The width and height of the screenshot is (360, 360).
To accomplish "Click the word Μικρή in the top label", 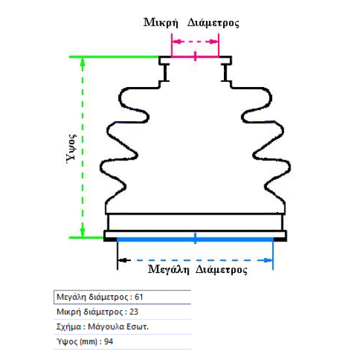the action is pos(161,23).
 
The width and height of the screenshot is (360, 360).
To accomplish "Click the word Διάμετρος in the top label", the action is pos(213,23).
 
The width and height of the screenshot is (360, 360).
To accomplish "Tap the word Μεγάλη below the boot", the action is pos(168,269).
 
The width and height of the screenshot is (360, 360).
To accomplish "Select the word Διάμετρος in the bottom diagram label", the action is pos(221,270).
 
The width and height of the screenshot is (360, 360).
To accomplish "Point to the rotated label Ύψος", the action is pos(71,148).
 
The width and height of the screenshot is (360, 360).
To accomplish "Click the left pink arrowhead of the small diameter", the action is pos(177,42).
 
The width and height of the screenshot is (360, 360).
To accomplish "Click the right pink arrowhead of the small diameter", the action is pos(213,42).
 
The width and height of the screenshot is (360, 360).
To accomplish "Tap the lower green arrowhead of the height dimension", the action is pos(82,232).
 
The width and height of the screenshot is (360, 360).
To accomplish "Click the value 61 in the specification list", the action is pos(139,297).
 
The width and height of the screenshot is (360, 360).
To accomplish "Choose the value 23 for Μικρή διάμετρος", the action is pos(134,312).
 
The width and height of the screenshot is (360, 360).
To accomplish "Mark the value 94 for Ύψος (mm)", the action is pos(109,342).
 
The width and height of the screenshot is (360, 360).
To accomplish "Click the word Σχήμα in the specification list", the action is pos(69,327).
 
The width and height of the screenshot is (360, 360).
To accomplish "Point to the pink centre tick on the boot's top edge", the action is pos(195,56).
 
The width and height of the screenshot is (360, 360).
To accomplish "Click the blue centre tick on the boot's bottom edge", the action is pos(195,238).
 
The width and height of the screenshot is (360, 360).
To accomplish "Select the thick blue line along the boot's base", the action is pos(195,240).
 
